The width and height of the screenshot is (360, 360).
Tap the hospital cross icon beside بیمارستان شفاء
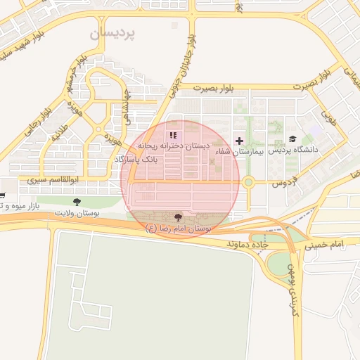[240, 141]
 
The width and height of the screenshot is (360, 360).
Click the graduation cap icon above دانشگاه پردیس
[292, 139]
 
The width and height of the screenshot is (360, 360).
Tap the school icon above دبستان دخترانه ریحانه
[173, 135]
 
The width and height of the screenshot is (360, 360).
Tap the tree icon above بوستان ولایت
[76, 202]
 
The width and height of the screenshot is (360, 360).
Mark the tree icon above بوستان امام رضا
[177, 217]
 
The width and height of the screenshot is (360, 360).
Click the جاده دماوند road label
[248, 243]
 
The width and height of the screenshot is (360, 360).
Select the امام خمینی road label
[326, 244]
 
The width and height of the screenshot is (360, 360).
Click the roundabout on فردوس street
[247, 183]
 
